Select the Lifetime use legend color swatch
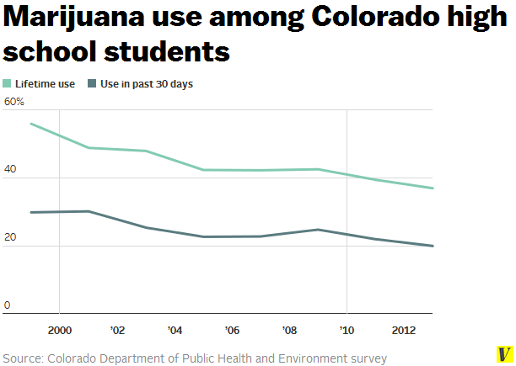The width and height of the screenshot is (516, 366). [x=8, y=83]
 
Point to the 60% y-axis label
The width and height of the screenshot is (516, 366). [x=14, y=102]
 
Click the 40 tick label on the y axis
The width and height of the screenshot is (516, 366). [x=10, y=170]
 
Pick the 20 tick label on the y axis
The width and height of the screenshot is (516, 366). [x=10, y=238]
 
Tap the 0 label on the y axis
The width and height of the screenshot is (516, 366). [x=7, y=305]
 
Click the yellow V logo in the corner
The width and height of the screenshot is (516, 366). [x=504, y=355]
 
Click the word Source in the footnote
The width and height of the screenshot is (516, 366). [x=22, y=358]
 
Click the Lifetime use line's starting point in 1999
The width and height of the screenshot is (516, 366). [x=30, y=124]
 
